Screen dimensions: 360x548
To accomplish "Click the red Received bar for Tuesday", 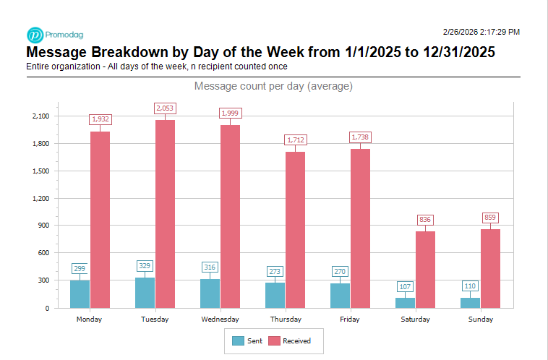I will pos(165,213).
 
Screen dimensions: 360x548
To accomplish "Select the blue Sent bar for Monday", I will pos(80,293).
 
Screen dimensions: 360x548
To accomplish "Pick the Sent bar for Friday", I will pos(340,295).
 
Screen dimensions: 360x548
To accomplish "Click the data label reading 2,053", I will pos(165,108).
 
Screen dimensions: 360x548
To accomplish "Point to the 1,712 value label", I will pos(295,140).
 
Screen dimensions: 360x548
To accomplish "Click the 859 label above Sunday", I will pos(490,218).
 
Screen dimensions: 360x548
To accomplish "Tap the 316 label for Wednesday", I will pos(210,267).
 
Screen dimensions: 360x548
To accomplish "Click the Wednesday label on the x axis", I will pos(220,320).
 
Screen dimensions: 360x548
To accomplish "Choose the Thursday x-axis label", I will pos(285,320).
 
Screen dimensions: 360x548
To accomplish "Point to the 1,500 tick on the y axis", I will pos(40,171).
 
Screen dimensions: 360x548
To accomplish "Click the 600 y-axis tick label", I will pos(43,253).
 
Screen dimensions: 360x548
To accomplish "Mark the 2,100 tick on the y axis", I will pos(40,116).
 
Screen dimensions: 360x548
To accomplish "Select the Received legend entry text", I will pos(296,340).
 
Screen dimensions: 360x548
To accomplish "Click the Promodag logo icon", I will pos(35,35).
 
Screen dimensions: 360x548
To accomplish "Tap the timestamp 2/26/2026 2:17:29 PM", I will pos(481,32).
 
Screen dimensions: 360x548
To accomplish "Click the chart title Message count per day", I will pos(273,87).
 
